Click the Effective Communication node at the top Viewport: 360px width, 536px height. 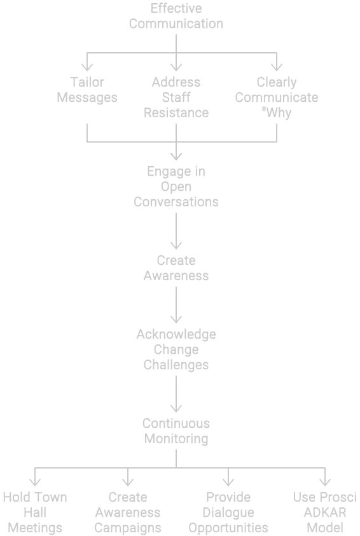tap(176, 16)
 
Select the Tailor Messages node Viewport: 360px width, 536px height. tap(87, 90)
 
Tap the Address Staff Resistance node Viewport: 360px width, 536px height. tap(176, 97)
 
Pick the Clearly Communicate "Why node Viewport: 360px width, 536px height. tap(276, 97)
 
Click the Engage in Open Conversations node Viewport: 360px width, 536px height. tap(176, 187)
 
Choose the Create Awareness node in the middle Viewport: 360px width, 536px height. tap(176, 269)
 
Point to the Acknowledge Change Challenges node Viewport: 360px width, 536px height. tap(176, 349)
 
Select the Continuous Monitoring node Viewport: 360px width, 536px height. tap(176, 431)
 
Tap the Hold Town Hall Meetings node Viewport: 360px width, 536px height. tap(35, 512)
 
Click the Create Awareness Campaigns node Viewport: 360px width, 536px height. tap(128, 512)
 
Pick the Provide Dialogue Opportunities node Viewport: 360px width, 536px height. tap(228, 512)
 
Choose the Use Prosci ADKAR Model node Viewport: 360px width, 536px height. tap(325, 512)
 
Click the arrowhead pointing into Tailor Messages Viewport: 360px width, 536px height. tap(87, 67)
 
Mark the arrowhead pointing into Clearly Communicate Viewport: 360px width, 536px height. tap(276, 67)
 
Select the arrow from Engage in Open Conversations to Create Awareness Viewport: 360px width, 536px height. tap(176, 231)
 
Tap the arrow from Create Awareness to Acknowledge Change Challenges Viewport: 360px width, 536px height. tap(176, 305)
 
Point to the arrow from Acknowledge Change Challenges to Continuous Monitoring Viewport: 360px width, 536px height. tap(176, 394)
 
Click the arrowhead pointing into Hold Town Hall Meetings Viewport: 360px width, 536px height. tap(35, 482)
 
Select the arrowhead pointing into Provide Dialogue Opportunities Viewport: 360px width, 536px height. tap(228, 482)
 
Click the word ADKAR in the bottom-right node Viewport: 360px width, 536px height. tap(325, 512)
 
